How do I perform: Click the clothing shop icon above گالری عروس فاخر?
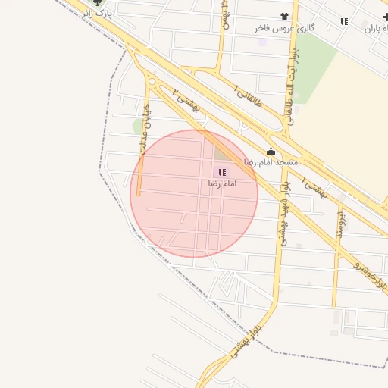[x=284, y=16]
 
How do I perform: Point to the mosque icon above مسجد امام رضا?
[x=271, y=151]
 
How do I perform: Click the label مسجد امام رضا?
[x=271, y=163]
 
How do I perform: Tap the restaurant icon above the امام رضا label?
[x=221, y=173]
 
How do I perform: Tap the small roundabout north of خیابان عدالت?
[x=152, y=82]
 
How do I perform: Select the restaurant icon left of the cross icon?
[x=345, y=21]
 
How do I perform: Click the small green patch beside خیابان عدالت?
[x=138, y=126]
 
